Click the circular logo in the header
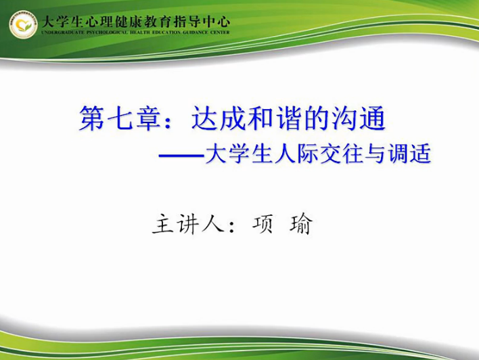(23, 25)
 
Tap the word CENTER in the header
(220, 32)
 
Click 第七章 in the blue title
(120, 118)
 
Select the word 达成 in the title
(219, 118)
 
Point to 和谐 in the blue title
(274, 118)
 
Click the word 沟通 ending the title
(359, 118)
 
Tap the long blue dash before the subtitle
(181, 156)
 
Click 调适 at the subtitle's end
(409, 153)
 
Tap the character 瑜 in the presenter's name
(301, 225)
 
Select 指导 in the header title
(187, 22)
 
